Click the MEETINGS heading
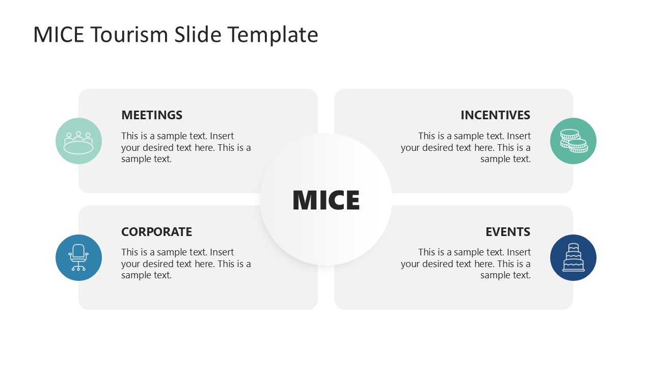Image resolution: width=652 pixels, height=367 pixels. pyautogui.click(x=152, y=115)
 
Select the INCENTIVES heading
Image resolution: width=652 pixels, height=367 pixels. pyautogui.click(x=495, y=115)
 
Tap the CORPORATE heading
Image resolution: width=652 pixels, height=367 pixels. pyautogui.click(x=156, y=232)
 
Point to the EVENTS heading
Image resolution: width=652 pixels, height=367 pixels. pyautogui.click(x=507, y=232)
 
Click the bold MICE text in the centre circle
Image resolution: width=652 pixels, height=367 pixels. pyautogui.click(x=326, y=200)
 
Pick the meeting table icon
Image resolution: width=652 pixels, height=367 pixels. pyautogui.click(x=78, y=141)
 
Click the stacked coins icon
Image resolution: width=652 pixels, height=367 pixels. pyautogui.click(x=573, y=141)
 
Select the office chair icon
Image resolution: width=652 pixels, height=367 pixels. pyautogui.click(x=78, y=257)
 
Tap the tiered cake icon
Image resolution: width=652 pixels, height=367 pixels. pyautogui.click(x=573, y=257)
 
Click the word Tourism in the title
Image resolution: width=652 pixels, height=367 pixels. pyautogui.click(x=130, y=35)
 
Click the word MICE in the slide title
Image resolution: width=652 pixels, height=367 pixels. pyautogui.click(x=59, y=35)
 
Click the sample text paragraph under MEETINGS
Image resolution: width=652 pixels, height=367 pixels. pyautogui.click(x=186, y=147)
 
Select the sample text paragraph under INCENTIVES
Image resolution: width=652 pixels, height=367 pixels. pyautogui.click(x=466, y=147)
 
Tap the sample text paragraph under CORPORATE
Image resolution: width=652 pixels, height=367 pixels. pyautogui.click(x=186, y=264)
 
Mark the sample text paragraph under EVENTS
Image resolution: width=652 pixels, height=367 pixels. pyautogui.click(x=466, y=264)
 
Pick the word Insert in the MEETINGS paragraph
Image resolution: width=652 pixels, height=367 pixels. pyautogui.click(x=222, y=136)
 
